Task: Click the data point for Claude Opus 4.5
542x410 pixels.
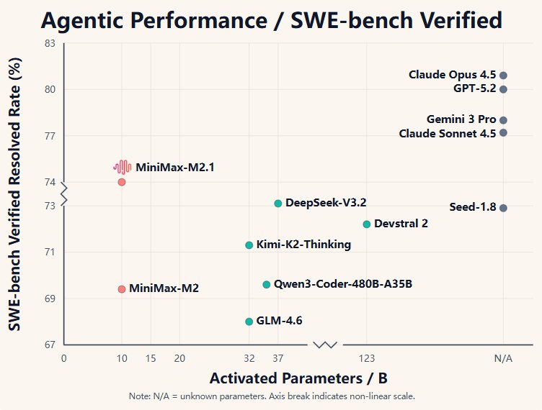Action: coord(503,76)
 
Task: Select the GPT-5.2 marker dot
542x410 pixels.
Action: coord(503,89)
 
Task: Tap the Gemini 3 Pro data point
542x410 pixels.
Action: coord(503,120)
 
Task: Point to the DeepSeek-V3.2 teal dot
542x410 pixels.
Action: coord(278,204)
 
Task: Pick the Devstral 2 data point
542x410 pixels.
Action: coord(367,224)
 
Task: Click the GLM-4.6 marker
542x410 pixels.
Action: coord(249,322)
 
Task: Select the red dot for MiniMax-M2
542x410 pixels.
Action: coord(122,289)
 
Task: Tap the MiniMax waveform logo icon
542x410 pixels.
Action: coord(122,168)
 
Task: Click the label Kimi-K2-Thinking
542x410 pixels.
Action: coord(303,245)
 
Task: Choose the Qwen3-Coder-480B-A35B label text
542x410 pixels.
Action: coord(343,284)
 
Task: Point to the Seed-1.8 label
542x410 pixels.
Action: coord(473,207)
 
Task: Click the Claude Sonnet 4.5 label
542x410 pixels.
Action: coord(448,133)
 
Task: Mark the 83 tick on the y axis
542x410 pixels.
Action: coord(50,43)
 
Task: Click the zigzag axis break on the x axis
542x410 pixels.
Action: coord(325,345)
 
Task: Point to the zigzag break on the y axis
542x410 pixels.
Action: coord(64,194)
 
